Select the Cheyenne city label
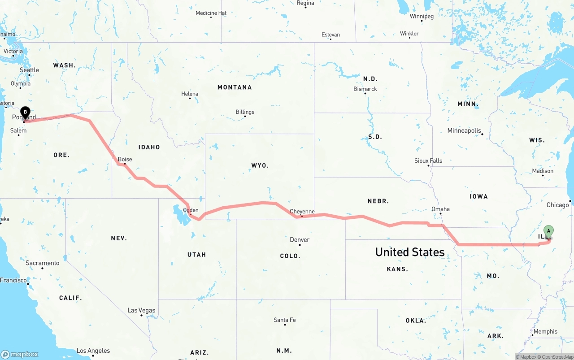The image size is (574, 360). (302, 211)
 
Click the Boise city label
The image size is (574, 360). (125, 159)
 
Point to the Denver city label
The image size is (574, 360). (300, 239)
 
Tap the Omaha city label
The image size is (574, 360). (440, 209)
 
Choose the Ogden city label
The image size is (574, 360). (191, 210)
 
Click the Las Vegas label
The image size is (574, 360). (141, 310)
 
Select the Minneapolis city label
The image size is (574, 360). (464, 130)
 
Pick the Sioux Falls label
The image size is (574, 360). (428, 160)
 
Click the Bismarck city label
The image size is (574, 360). (365, 89)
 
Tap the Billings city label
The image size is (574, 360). (245, 112)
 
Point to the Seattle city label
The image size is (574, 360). (29, 70)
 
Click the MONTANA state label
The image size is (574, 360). (235, 87)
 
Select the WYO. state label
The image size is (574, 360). (260, 165)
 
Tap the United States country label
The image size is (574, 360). (410, 252)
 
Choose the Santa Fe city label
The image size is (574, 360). (284, 320)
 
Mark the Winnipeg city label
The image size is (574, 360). (422, 16)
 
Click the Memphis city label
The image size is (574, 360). (545, 331)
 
